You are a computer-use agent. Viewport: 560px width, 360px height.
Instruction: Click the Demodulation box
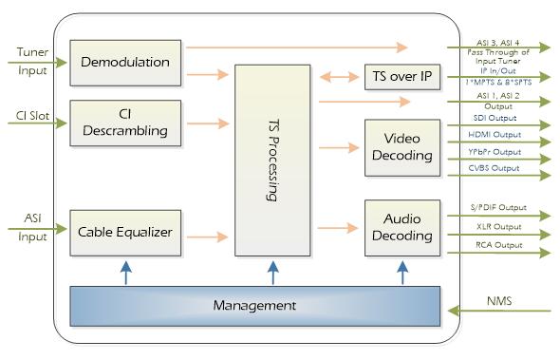(x=125, y=63)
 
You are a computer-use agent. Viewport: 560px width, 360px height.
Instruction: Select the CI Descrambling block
(x=125, y=123)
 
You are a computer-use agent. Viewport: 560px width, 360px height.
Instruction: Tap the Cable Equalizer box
(x=125, y=233)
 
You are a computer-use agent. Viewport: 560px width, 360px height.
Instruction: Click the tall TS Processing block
(x=272, y=161)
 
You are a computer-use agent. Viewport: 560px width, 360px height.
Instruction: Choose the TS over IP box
(x=402, y=77)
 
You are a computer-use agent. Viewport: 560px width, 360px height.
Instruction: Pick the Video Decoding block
(x=402, y=147)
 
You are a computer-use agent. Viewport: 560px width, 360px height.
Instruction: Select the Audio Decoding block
(x=402, y=228)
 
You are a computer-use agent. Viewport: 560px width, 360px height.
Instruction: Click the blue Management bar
(x=255, y=306)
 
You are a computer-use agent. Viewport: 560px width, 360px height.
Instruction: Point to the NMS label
(x=499, y=301)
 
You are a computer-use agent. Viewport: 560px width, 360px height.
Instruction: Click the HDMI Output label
(x=495, y=135)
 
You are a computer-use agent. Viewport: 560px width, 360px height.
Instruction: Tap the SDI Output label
(x=495, y=118)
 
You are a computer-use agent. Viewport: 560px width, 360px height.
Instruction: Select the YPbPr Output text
(x=495, y=152)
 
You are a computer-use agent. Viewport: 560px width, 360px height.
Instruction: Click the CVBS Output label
(x=494, y=168)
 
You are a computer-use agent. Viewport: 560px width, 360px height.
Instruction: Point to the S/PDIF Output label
(x=498, y=207)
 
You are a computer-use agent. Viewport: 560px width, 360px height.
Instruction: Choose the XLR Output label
(x=499, y=227)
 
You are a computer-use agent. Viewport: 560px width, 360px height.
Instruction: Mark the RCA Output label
(x=499, y=245)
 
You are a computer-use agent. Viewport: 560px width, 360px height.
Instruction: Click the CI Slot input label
(x=32, y=116)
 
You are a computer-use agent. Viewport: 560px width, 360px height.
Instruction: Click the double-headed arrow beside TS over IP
(x=339, y=77)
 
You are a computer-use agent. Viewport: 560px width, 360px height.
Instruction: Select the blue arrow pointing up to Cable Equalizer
(x=125, y=273)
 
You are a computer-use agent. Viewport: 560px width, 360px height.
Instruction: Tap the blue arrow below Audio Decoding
(x=402, y=273)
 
